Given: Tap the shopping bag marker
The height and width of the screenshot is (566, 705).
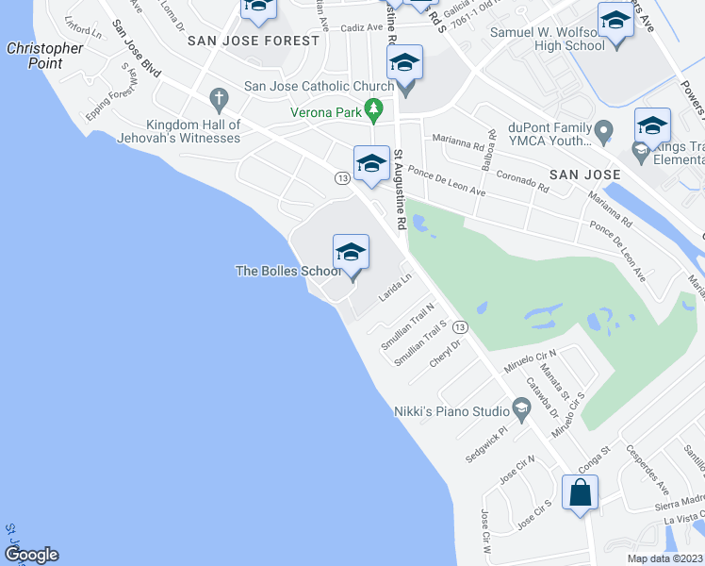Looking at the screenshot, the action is [581, 492].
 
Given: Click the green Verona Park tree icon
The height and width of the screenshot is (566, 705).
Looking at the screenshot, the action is [374, 111].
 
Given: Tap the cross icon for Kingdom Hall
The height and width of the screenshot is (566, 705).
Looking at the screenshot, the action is [219, 97].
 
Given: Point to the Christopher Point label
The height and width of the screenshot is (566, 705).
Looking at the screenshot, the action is [44, 56].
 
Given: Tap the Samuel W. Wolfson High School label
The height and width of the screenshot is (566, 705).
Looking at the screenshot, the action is [546, 39].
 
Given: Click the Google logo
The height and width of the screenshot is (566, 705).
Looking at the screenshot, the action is [31, 555].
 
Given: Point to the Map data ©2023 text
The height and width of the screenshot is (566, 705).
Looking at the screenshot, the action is [665, 558].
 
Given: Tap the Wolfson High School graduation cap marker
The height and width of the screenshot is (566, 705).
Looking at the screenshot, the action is [615, 20].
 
